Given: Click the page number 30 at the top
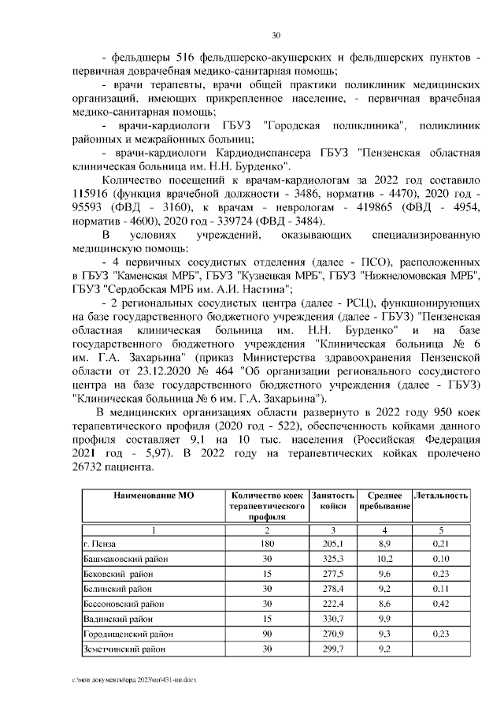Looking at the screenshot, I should coord(276,35).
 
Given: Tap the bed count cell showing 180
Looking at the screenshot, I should coord(266,543).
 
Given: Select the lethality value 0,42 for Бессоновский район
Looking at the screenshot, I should coord(441,604).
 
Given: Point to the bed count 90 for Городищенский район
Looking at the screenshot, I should coord(266,634).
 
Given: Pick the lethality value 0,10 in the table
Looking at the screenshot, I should coord(441,558).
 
